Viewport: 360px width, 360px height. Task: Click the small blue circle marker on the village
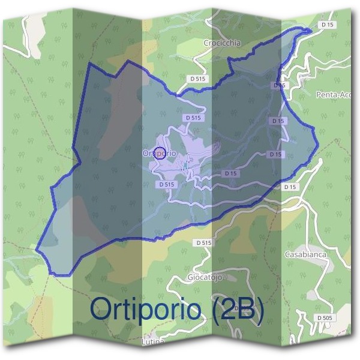(160, 152)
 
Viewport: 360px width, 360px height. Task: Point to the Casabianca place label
(305, 254)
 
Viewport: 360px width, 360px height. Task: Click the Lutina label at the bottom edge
(152, 342)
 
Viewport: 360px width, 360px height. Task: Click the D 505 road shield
(324, 317)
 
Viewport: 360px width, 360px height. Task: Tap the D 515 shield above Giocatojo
(204, 242)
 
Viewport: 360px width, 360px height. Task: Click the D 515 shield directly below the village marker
(166, 184)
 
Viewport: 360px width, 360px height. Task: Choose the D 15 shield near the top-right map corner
(327, 25)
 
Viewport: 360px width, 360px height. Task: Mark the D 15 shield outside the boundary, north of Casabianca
(290, 187)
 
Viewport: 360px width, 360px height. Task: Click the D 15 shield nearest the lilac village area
(230, 173)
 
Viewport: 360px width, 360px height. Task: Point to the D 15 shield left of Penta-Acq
(279, 86)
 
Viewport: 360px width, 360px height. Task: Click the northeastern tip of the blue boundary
(310, 28)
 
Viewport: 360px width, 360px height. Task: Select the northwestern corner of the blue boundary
(89, 63)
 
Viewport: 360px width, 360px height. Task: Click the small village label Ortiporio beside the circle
(160, 153)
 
